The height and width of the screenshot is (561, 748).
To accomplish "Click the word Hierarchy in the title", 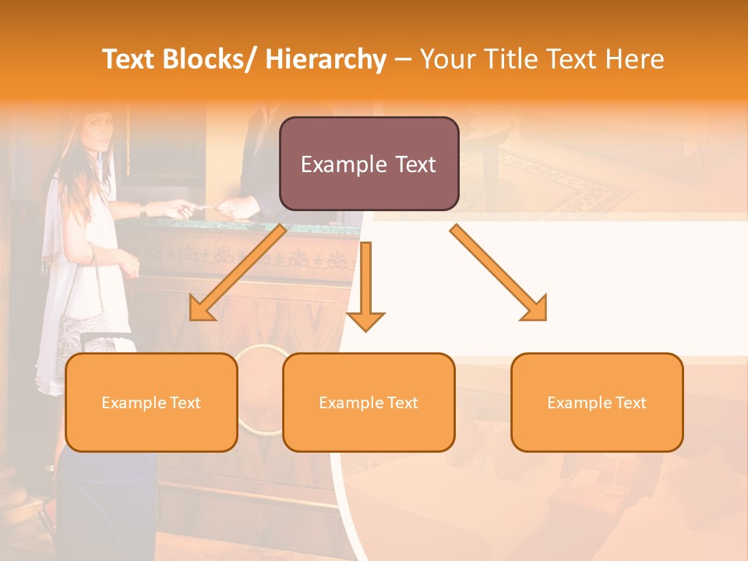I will point(326,59).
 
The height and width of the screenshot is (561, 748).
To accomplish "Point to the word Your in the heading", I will point(446,59).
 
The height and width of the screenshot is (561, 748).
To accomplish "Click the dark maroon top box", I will point(369,164).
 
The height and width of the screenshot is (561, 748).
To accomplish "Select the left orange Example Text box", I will point(151,402).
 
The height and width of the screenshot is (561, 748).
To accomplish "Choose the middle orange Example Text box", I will point(369,402).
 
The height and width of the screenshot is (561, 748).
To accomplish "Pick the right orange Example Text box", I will point(597,402).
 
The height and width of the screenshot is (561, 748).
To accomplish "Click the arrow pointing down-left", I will point(237,273).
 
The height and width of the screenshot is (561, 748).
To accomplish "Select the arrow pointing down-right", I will point(499,273).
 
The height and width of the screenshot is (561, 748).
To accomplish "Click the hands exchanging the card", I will point(206,207).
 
